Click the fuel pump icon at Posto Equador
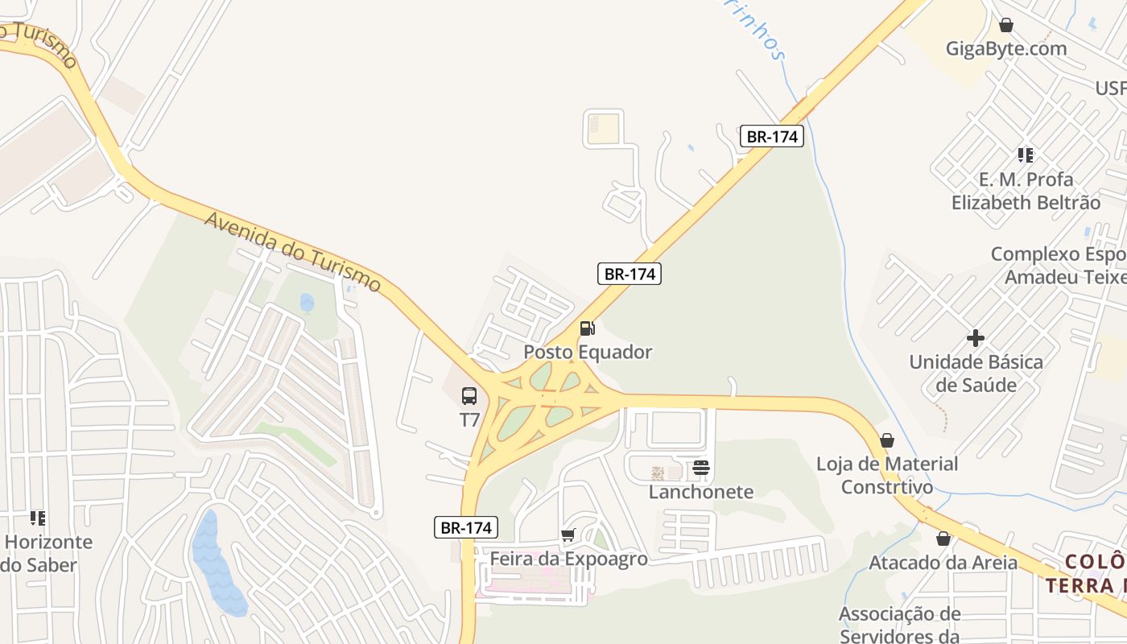(588, 328)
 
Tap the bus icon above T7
(469, 396)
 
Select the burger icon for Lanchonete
(700, 468)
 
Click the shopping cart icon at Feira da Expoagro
(568, 535)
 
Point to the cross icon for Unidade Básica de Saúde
(976, 338)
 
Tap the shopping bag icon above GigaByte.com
(1005, 25)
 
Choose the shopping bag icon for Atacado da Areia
(943, 539)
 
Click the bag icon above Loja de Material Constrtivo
(886, 440)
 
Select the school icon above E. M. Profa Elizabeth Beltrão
(1025, 155)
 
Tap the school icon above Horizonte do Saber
(38, 518)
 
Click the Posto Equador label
(588, 352)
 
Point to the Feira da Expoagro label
(568, 559)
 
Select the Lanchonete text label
(701, 491)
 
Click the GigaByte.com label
(1006, 48)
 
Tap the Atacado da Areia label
(943, 562)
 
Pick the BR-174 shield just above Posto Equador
(630, 274)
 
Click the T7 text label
(469, 419)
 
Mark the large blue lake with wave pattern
(216, 563)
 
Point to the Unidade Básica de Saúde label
(976, 373)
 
